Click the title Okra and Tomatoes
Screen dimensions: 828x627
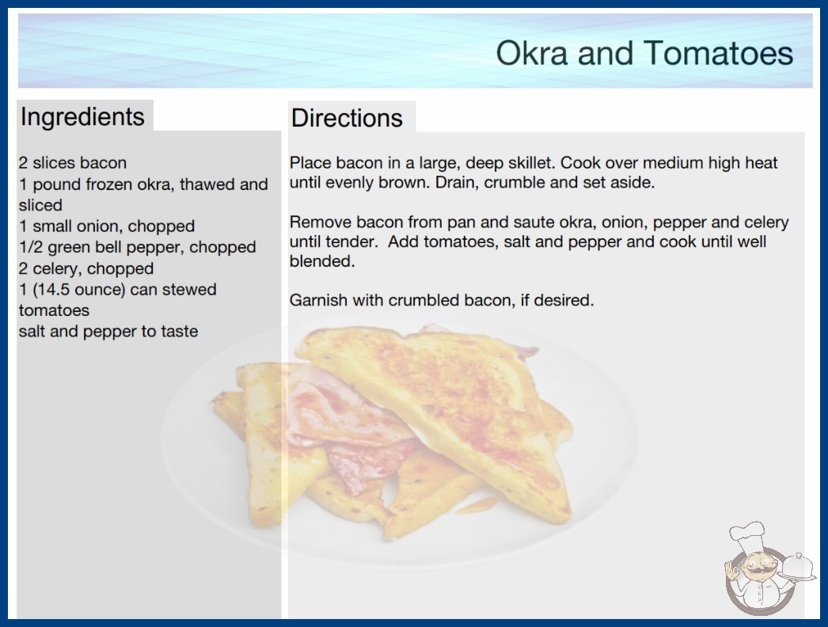point(644,53)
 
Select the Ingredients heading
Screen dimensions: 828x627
point(82,116)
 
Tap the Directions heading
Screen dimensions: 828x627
point(347,118)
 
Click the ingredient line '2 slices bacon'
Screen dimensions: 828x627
point(72,163)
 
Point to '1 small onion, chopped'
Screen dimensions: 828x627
point(107,226)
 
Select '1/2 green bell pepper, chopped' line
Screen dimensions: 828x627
point(137,247)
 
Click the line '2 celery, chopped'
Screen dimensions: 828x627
point(86,268)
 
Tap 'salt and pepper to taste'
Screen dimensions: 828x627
point(108,331)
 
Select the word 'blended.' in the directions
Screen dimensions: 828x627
point(322,261)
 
